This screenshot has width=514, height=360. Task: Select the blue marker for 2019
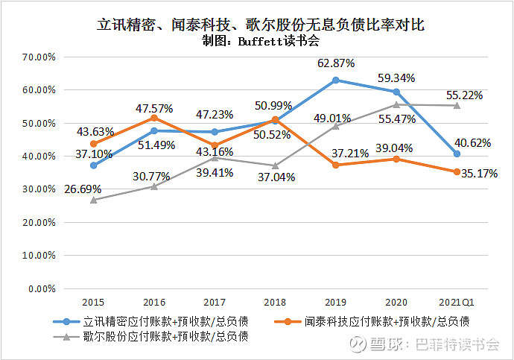click(x=335, y=80)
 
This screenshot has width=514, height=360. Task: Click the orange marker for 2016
click(x=154, y=118)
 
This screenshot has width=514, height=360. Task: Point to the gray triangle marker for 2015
click(x=93, y=199)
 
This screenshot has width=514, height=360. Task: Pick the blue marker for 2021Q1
click(x=457, y=154)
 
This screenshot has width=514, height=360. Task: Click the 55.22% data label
click(x=465, y=95)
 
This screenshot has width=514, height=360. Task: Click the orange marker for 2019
click(x=335, y=165)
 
